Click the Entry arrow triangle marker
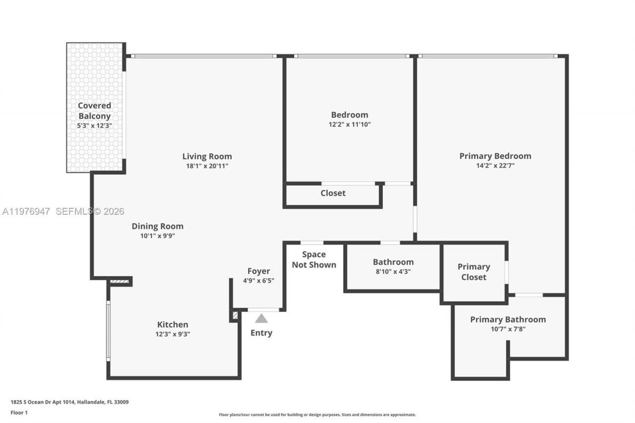261,318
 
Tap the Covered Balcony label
94,111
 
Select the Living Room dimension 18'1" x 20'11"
207,167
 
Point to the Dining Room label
157,226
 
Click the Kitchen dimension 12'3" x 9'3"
173,334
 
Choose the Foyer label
258,271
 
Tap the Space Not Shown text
314,259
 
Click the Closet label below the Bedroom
333,193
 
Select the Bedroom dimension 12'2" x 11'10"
349,124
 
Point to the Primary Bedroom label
495,156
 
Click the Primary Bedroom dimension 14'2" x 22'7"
495,166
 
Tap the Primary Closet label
473,272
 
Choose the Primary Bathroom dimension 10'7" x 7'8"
508,329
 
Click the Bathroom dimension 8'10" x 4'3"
393,271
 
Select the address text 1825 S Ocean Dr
69,402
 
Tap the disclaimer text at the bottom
317,415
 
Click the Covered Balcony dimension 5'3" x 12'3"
94,126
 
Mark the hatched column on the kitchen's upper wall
120,282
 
